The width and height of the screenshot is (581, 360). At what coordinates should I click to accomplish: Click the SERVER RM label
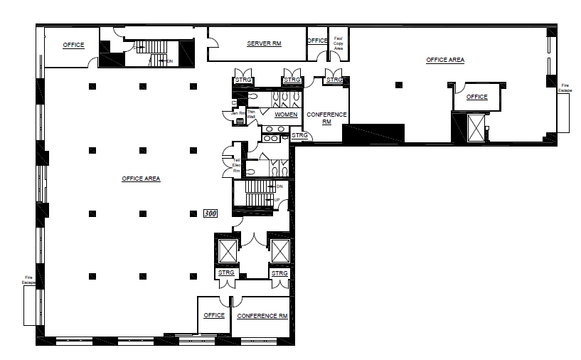[x=264, y=43]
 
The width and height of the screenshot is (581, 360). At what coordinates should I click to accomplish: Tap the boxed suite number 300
[x=210, y=213]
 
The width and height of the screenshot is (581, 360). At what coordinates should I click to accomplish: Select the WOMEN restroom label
[x=286, y=115]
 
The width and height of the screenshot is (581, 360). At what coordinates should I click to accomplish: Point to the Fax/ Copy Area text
[x=339, y=43]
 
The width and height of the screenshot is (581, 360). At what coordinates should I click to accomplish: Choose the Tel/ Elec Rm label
[x=237, y=165]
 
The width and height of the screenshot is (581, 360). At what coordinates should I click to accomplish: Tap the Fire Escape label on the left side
[x=28, y=279]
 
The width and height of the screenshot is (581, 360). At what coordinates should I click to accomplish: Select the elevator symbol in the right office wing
[x=475, y=128]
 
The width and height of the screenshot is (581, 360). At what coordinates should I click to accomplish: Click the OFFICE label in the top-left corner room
[x=73, y=45]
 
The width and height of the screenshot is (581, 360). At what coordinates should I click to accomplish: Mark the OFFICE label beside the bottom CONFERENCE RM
[x=214, y=315]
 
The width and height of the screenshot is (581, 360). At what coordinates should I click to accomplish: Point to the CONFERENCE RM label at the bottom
[x=262, y=315]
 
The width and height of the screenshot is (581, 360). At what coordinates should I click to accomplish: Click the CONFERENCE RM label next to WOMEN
[x=326, y=118]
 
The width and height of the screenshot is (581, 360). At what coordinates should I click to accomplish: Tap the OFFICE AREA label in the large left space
[x=141, y=179]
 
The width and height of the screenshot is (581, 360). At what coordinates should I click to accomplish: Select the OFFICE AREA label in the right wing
[x=445, y=60]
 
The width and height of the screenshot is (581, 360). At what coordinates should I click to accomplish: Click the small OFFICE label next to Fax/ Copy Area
[x=317, y=41]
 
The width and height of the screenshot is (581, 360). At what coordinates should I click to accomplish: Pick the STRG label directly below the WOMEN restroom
[x=299, y=135]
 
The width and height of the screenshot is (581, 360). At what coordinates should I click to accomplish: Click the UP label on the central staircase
[x=277, y=201]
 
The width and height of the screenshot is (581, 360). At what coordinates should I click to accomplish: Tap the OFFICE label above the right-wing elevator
[x=476, y=97]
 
